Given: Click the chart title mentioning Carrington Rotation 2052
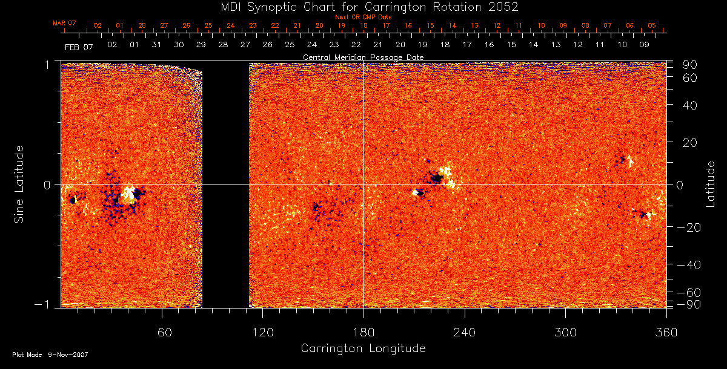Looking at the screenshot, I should click(x=363, y=7).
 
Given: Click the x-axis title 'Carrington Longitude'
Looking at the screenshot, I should click(x=363, y=348).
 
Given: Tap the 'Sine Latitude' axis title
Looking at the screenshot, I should click(x=19, y=183).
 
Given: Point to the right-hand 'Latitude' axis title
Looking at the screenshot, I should click(x=711, y=184).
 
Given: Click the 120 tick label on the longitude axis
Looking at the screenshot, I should click(x=263, y=332).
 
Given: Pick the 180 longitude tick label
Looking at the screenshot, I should click(x=363, y=332).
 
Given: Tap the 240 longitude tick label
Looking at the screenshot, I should click(x=464, y=332).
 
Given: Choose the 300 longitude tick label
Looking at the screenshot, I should click(x=565, y=332).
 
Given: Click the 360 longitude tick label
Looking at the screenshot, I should click(x=665, y=332).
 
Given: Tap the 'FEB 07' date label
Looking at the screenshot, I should click(x=79, y=47).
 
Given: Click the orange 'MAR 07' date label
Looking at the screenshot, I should click(x=64, y=24).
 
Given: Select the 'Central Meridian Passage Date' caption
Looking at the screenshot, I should click(x=363, y=57).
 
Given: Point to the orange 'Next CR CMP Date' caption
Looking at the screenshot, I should click(x=363, y=17).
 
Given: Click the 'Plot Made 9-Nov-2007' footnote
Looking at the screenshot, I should click(x=50, y=354).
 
